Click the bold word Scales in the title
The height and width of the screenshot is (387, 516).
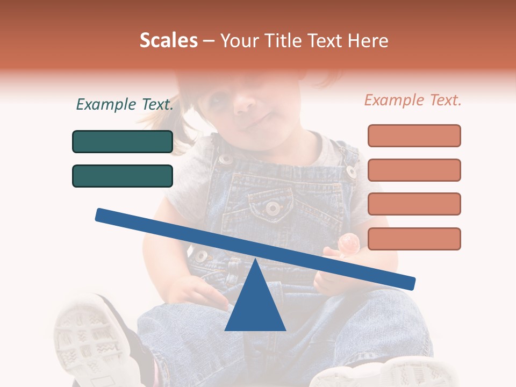(x=168, y=40)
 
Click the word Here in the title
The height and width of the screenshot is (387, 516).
(x=368, y=40)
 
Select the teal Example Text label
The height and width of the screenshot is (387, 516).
(x=125, y=104)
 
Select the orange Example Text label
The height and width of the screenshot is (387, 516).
(x=413, y=100)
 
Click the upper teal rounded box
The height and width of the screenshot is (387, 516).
(x=123, y=141)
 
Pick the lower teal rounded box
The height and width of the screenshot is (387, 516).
(x=123, y=176)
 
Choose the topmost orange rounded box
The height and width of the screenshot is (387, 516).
(x=414, y=135)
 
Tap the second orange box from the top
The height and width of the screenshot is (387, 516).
(x=414, y=170)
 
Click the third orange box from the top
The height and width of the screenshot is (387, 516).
(x=414, y=204)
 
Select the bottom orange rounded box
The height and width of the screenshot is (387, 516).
(x=414, y=239)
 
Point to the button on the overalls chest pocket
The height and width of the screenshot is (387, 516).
(x=274, y=207)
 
